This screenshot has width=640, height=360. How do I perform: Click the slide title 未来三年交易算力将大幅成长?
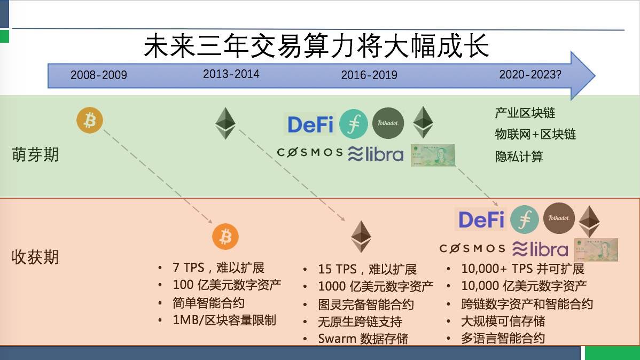(316, 46)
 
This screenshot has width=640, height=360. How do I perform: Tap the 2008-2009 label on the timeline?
(99, 75)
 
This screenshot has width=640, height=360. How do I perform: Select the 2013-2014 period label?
(231, 74)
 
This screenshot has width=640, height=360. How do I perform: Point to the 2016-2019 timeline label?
(369, 75)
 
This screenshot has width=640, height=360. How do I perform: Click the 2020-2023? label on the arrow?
(530, 74)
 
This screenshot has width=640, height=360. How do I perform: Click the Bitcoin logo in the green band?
(90, 121)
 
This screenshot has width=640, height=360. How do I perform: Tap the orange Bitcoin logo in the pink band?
(225, 237)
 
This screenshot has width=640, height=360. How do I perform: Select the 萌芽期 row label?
(35, 155)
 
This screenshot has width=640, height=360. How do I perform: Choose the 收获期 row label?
(35, 257)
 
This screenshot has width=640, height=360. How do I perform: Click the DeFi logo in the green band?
(310, 124)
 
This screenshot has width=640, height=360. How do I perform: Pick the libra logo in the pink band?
(540, 249)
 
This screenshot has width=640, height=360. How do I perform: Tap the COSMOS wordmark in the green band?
(309, 153)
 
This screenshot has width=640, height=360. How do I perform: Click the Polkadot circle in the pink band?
(559, 218)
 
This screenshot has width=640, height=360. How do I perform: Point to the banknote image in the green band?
(432, 155)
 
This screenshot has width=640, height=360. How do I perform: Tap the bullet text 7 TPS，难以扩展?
(218, 268)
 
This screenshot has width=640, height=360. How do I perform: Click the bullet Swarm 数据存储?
(363, 339)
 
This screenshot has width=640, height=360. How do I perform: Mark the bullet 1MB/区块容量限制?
(224, 320)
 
